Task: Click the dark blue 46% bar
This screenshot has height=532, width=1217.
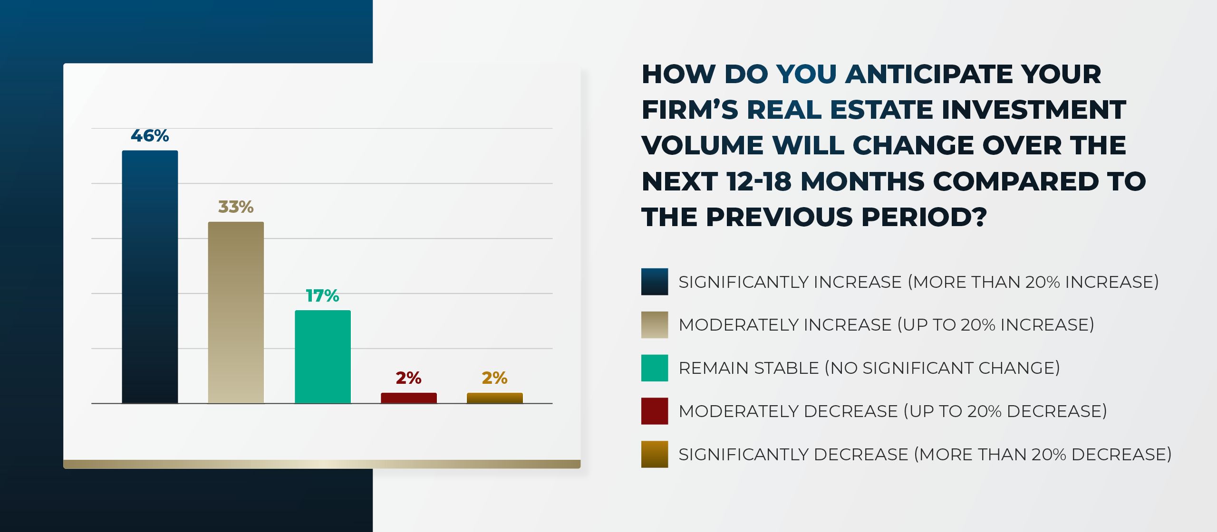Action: [150, 276]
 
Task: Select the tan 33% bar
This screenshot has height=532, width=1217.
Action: [236, 312]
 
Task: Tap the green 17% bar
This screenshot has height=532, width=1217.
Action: [323, 356]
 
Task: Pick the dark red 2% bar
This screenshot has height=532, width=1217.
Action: [409, 398]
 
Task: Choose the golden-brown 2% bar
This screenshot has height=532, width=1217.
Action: [495, 398]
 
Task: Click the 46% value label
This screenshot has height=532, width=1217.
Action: [150, 136]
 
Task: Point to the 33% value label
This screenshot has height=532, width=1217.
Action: [236, 207]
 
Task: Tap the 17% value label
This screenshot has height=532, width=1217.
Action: [322, 295]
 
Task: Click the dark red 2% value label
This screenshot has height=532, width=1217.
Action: [409, 378]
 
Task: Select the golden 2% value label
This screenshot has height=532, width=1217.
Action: [495, 378]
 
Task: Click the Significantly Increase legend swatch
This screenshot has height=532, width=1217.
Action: [654, 282]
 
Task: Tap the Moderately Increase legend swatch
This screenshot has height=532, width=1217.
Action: [654, 325]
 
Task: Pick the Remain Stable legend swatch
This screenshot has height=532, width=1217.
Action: [654, 368]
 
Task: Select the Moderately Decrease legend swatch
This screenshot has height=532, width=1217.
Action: [654, 411]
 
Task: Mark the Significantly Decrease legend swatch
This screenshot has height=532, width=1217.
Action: [654, 454]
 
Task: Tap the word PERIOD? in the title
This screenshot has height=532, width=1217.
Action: [924, 217]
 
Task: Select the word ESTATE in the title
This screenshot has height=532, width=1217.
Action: [882, 110]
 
